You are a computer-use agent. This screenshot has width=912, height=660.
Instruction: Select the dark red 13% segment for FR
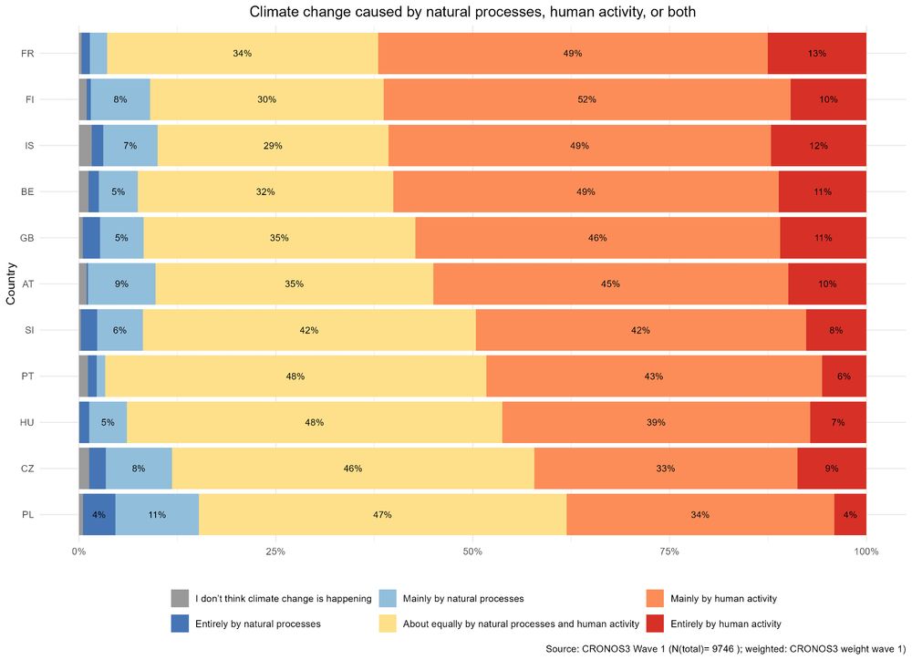816,53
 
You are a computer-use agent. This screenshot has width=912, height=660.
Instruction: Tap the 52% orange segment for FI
586,99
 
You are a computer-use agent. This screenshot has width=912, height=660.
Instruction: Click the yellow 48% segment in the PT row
295,376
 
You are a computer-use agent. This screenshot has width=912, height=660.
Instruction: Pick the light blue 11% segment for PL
157,515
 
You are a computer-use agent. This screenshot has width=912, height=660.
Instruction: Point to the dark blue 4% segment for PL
99,515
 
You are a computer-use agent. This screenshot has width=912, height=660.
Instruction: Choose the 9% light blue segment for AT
121,284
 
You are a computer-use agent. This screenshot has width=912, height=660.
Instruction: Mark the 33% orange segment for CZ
665,469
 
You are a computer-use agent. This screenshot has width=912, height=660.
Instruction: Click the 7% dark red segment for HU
838,423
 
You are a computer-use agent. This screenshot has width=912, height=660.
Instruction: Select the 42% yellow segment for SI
309,330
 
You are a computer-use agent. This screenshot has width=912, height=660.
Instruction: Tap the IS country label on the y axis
28,146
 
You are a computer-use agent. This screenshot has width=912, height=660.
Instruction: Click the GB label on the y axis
28,238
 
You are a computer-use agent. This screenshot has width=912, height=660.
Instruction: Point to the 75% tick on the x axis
668,552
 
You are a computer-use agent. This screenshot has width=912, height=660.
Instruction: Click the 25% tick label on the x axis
275,552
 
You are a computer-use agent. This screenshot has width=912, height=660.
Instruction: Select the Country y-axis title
11,284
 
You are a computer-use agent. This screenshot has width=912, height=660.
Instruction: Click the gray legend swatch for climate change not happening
181,599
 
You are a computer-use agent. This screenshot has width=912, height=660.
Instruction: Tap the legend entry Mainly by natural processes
463,599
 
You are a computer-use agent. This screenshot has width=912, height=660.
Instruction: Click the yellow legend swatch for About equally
388,624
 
